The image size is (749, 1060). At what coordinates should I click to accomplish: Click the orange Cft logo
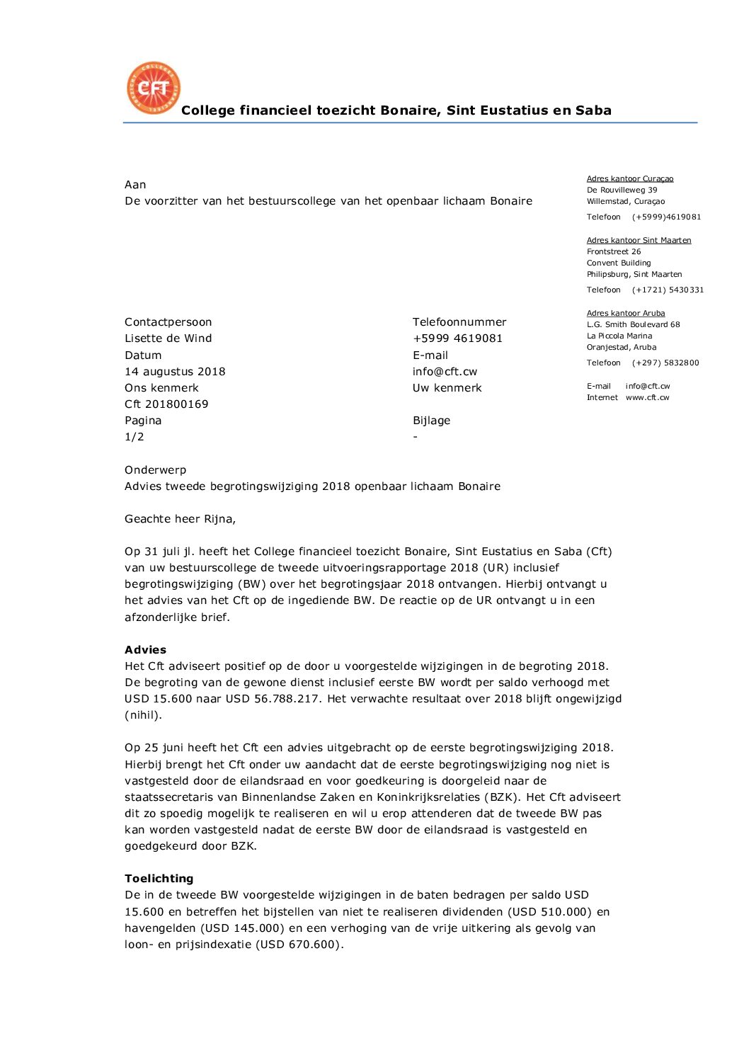click(154, 88)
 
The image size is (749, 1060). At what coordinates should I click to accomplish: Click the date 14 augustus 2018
click(175, 372)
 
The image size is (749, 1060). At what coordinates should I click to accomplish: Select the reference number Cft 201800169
click(166, 404)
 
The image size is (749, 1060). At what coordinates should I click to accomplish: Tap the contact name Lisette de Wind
click(168, 338)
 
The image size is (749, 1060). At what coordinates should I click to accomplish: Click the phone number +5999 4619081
click(457, 338)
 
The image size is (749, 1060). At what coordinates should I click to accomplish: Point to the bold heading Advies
click(145, 650)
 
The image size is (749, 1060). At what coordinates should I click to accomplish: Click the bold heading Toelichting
click(159, 879)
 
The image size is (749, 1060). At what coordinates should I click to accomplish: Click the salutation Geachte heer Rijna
click(180, 519)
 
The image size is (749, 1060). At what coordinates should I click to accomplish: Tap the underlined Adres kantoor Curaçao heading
click(629, 179)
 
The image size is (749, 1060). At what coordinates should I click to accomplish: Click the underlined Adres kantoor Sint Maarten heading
click(639, 241)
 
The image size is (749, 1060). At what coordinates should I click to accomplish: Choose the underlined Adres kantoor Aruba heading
click(625, 314)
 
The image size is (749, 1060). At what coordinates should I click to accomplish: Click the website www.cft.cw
click(647, 398)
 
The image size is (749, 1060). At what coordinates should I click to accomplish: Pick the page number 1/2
click(135, 437)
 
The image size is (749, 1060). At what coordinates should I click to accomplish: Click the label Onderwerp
click(155, 470)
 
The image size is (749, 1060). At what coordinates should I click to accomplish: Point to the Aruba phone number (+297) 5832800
click(665, 363)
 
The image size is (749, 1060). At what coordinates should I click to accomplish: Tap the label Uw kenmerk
click(447, 388)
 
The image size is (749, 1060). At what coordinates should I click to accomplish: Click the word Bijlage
click(431, 421)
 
